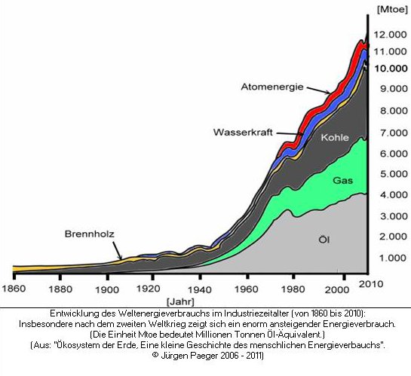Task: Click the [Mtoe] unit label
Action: [x=392, y=9]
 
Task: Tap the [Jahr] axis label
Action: [x=180, y=302]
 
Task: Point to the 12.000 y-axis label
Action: [x=391, y=35]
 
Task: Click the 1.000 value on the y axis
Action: [x=393, y=258]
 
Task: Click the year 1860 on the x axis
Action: [x=14, y=289]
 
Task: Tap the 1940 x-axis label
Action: [x=200, y=289]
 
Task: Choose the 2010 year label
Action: [x=371, y=284]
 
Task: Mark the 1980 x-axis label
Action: [x=293, y=289]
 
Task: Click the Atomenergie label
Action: [x=272, y=87]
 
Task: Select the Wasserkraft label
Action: [x=243, y=132]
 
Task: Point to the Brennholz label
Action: [x=90, y=234]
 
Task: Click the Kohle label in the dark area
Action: [x=335, y=137]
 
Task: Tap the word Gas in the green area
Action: [x=342, y=180]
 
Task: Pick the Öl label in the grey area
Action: [x=324, y=239]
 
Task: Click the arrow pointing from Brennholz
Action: [x=118, y=251]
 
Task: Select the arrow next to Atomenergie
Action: [x=318, y=90]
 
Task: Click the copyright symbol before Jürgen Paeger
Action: [x=155, y=355]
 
